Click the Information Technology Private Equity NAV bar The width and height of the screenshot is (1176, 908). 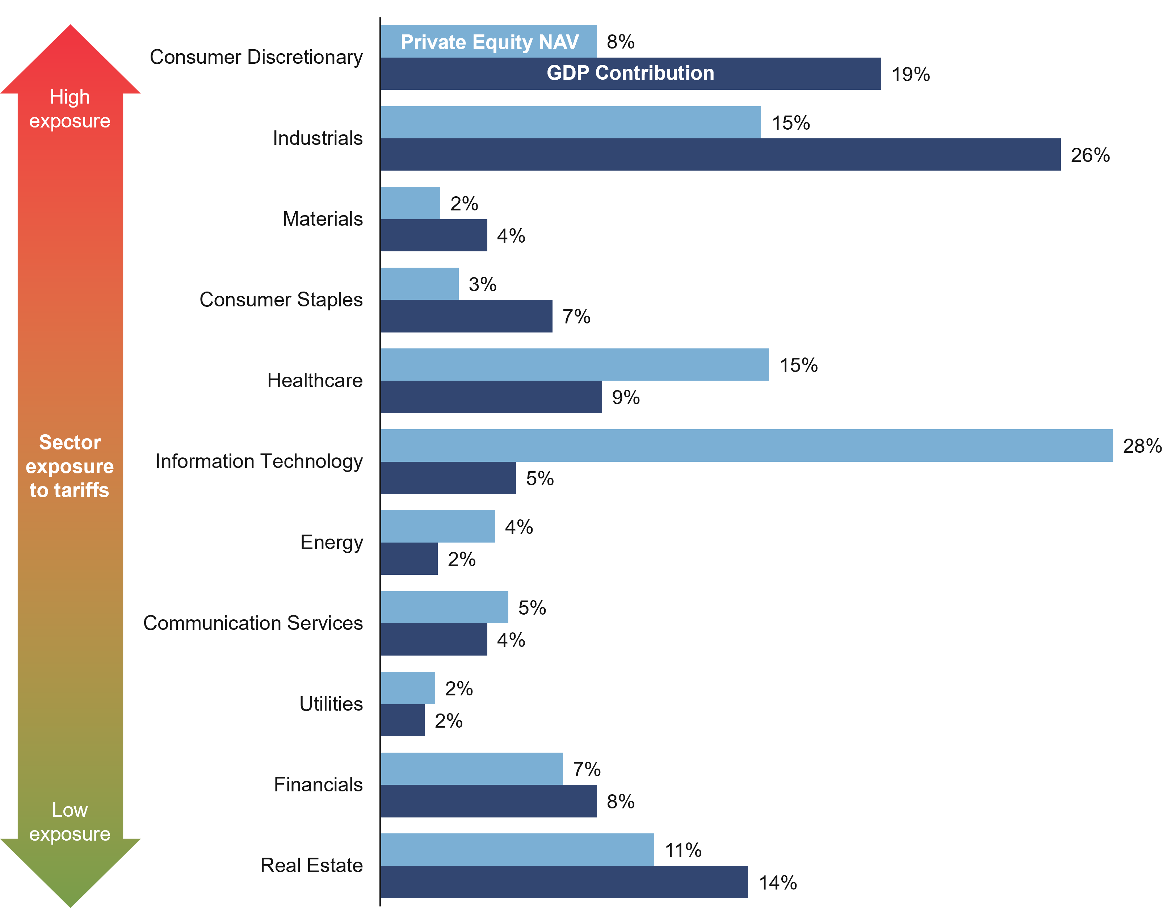click(x=746, y=445)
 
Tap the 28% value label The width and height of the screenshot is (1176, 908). click(x=1142, y=446)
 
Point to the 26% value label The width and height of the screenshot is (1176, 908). click(x=1090, y=155)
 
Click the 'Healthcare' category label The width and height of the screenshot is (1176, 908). click(x=315, y=381)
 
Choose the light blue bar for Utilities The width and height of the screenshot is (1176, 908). click(x=408, y=688)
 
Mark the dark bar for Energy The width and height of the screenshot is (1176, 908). click(x=409, y=558)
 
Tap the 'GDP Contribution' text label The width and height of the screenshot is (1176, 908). click(x=630, y=73)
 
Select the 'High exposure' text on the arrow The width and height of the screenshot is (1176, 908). click(x=70, y=109)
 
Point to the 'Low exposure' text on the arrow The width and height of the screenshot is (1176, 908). click(x=70, y=822)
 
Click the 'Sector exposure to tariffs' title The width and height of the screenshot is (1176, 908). click(x=70, y=466)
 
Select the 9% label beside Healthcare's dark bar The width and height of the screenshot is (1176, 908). click(x=625, y=397)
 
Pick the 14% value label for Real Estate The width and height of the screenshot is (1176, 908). click(x=777, y=883)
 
